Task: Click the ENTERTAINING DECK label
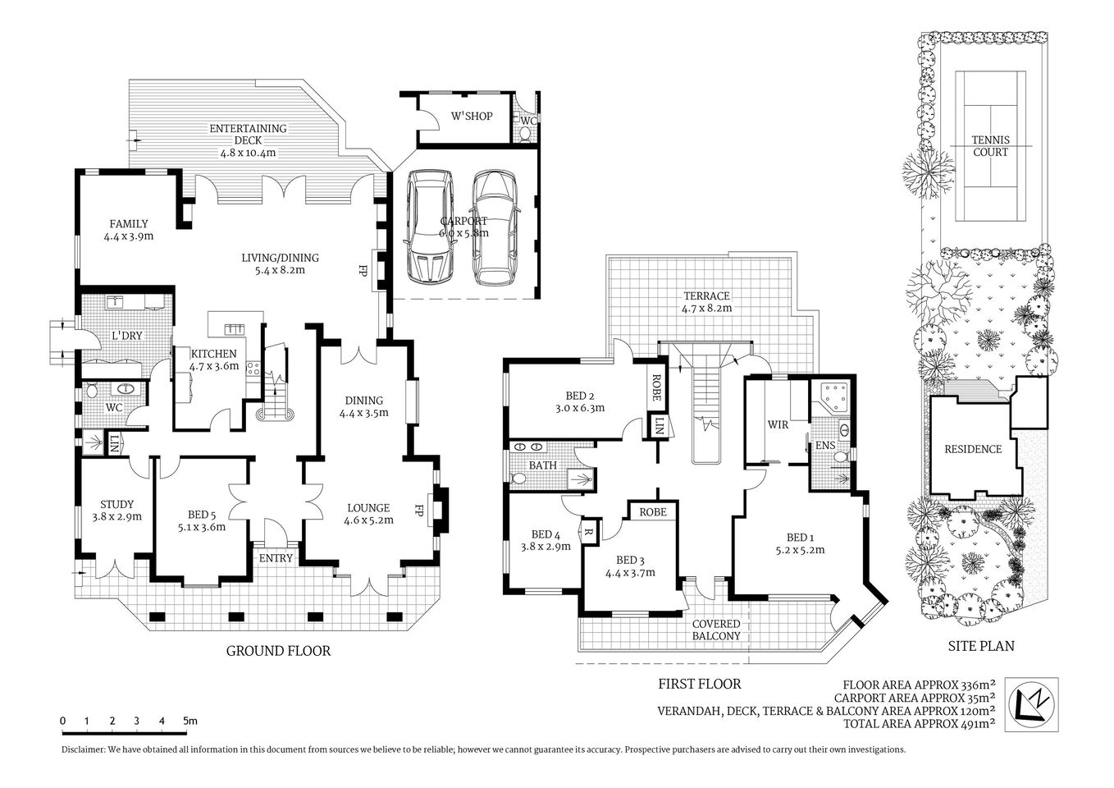coord(247,129)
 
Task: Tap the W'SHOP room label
coord(472,117)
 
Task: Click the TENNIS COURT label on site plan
coord(990,146)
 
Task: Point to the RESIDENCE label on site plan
coord(973,449)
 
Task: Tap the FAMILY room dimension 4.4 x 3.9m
coord(129,236)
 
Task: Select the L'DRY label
coord(127,335)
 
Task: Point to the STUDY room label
coord(116,504)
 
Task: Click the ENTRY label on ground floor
coord(276,558)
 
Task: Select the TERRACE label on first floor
coord(706,295)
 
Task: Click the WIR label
coord(778,425)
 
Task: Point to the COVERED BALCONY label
coord(716,630)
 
